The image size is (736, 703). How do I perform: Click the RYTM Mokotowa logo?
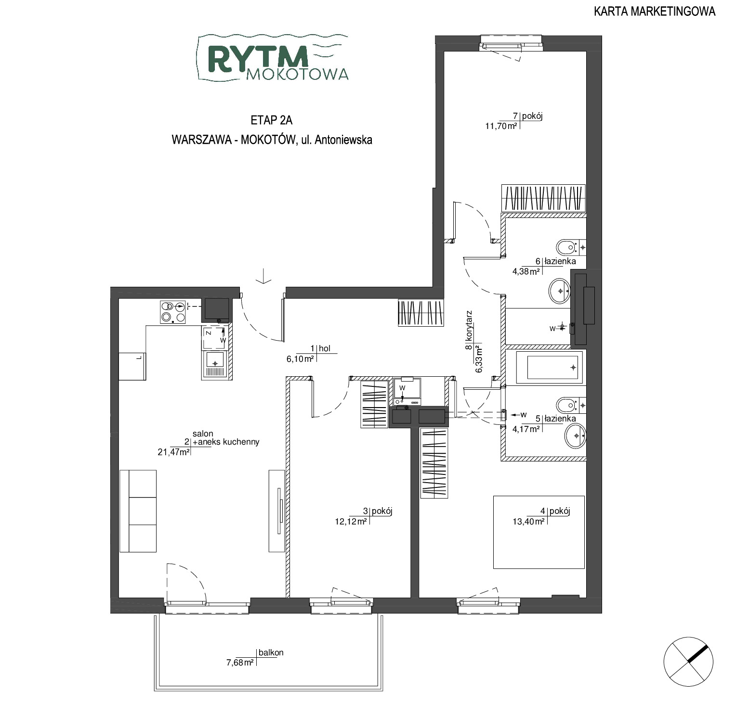273,57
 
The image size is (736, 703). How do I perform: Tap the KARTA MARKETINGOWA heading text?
655,12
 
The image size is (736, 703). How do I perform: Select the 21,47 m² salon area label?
173,451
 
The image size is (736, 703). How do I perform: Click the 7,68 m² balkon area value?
240,663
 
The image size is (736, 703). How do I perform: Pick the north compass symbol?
687,661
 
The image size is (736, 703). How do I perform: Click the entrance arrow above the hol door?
263,276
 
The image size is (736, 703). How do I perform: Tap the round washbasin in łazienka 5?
575,436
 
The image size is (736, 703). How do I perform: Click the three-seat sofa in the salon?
138,511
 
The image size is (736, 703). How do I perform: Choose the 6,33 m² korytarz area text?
479,358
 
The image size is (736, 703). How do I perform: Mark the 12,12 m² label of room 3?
351,521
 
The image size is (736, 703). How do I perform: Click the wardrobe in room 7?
543,198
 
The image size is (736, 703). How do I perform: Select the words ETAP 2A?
272,120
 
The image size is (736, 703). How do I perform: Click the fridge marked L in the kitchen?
132,366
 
